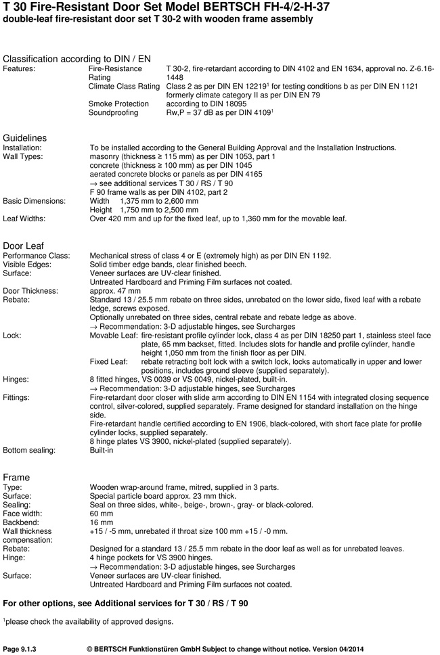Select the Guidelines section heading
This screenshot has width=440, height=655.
pyautogui.click(x=25, y=138)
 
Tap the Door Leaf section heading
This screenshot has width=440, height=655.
pyautogui.click(x=24, y=246)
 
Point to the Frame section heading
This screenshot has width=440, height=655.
pyautogui.click(x=17, y=477)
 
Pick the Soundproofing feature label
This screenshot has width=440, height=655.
pyautogui.click(x=114, y=112)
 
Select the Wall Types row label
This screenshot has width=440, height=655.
pyautogui.click(x=23, y=156)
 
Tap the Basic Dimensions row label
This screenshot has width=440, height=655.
pyautogui.click(x=35, y=201)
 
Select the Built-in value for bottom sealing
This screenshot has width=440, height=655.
pyautogui.click(x=102, y=450)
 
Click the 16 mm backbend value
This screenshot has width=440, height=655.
pyautogui.click(x=102, y=522)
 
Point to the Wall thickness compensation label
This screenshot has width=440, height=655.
pyautogui.click(x=29, y=536)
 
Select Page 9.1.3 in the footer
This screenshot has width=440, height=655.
pyautogui.click(x=20, y=648)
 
